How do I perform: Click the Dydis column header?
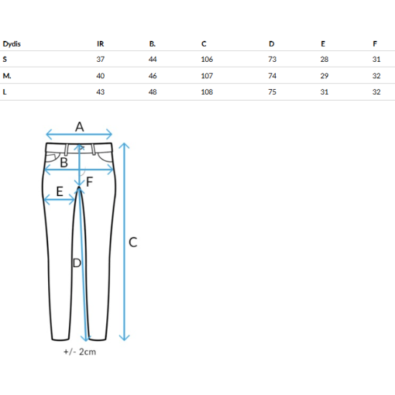11,44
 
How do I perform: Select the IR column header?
101,44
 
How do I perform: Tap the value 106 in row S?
207,60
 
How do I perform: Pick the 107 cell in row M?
207,76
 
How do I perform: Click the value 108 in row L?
207,92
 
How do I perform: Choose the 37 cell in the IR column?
101,60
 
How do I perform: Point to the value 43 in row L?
101,92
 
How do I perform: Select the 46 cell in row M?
153,76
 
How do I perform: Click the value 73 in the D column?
272,60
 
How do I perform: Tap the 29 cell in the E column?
325,76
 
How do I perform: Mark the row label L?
4,92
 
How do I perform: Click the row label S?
5,60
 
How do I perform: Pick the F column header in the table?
375,44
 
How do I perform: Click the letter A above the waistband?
80,126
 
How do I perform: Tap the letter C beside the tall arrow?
133,242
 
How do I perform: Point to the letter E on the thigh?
60,192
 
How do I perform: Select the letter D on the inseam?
77,263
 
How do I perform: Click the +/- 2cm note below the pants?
80,352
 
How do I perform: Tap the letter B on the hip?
64,162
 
